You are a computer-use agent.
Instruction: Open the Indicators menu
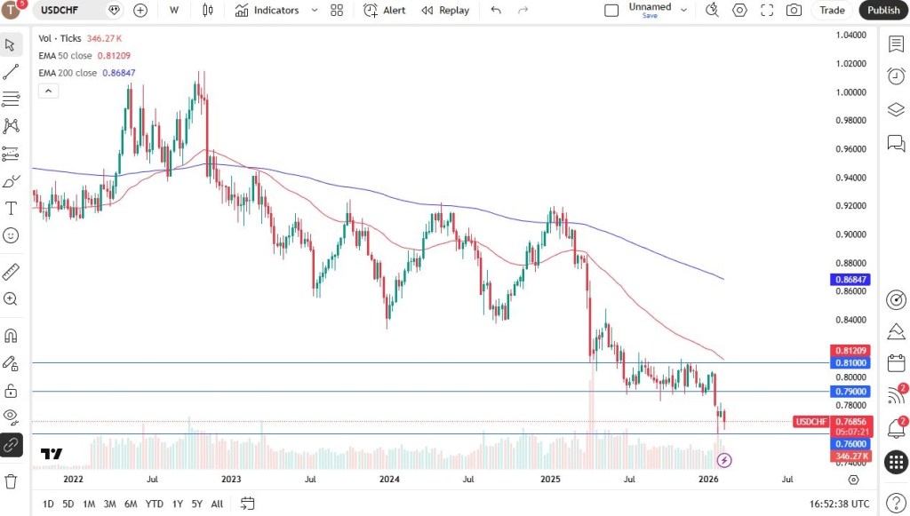(267, 10)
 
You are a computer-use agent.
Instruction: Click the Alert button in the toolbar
(385, 10)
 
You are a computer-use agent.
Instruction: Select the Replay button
(445, 10)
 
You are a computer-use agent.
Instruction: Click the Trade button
(832, 10)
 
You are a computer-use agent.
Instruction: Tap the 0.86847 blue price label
(850, 279)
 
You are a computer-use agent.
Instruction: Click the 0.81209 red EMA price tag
(850, 351)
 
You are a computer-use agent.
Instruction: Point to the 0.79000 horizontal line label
(850, 391)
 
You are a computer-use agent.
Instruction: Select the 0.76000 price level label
(850, 443)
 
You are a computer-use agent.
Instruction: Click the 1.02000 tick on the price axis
(850, 64)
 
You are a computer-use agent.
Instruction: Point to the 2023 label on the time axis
(231, 480)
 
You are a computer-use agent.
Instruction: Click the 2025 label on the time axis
(550, 480)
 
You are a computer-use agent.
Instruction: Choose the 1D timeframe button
(48, 504)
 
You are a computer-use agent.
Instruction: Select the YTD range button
(154, 504)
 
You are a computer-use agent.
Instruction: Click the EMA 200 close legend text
(68, 73)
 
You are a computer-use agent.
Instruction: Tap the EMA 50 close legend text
(65, 55)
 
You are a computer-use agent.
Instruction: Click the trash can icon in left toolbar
(11, 481)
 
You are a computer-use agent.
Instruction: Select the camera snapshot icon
(794, 10)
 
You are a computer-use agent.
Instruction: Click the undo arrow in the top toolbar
(496, 10)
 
